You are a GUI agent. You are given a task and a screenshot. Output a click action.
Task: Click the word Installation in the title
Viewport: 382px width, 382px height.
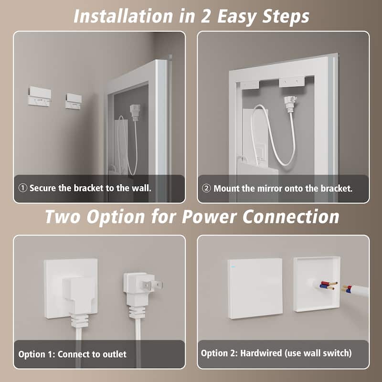pos(123,16)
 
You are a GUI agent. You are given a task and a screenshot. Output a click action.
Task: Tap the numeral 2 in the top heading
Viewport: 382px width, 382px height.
pos(206,17)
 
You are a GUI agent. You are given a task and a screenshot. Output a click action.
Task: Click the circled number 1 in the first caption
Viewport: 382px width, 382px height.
pos(22,188)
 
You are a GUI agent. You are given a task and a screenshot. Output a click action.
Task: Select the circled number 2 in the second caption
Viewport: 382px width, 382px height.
pos(206,188)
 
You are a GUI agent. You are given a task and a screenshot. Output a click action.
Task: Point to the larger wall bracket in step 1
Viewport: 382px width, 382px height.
pos(40,96)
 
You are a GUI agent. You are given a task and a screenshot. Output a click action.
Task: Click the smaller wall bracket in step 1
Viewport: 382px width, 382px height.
pos(74,101)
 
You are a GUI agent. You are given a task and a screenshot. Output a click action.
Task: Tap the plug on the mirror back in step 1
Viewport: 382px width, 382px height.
pos(135,112)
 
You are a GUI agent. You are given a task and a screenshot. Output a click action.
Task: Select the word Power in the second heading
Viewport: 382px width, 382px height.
pos(209,217)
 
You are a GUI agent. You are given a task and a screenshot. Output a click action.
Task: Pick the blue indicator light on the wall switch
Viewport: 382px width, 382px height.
pos(233,266)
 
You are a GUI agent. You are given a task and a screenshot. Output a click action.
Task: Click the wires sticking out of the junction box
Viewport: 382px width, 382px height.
pos(327,285)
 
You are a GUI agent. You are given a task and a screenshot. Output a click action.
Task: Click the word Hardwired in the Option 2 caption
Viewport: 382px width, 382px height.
pos(261,353)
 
